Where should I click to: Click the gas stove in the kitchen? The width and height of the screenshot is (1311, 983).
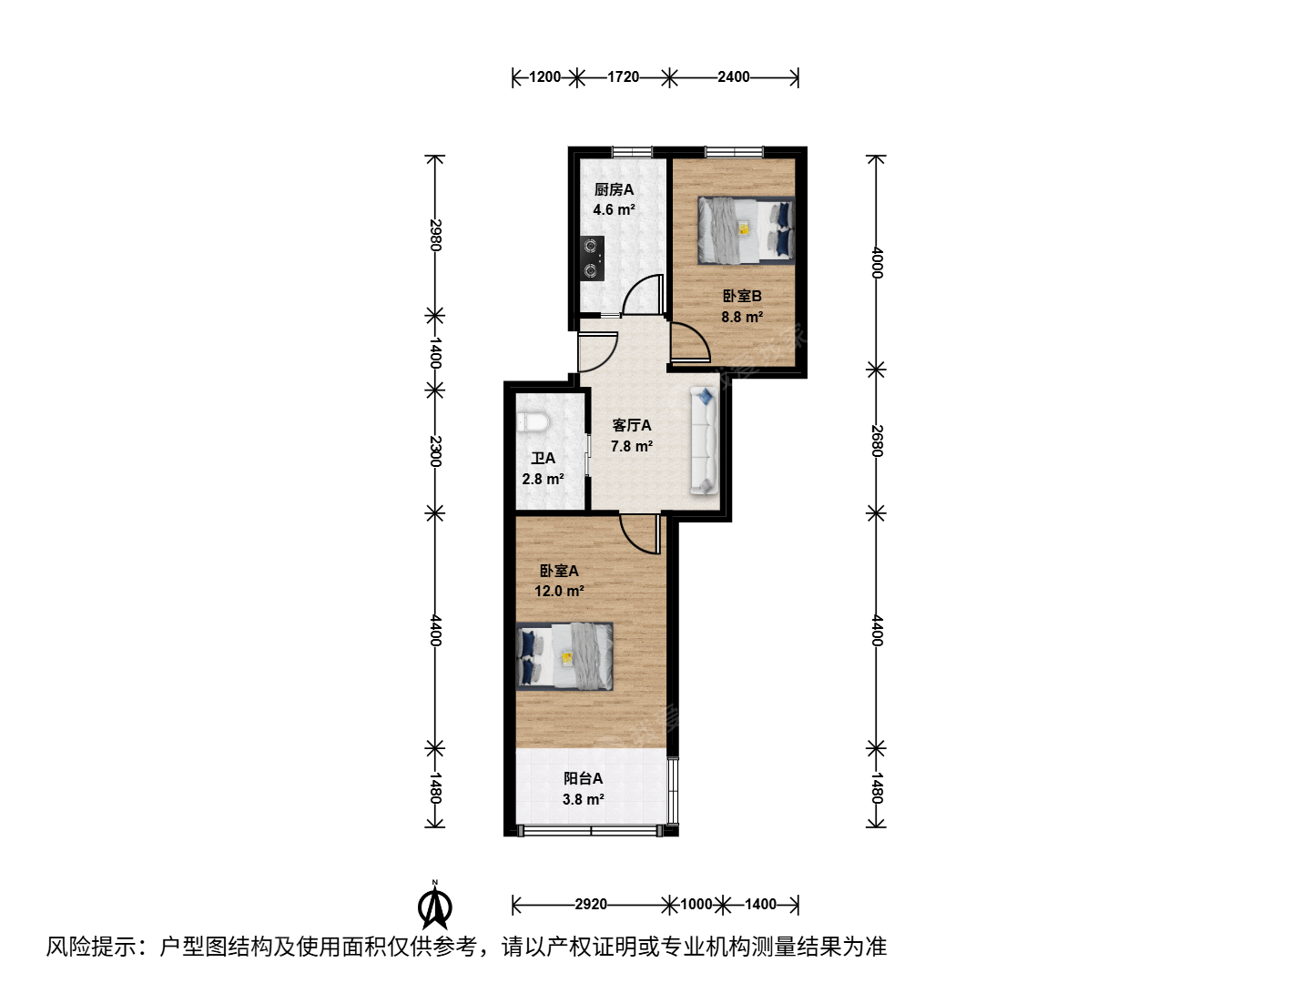tap(591, 258)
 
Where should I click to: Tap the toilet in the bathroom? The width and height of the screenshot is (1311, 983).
tap(533, 422)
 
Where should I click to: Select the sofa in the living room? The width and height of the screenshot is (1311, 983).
tap(704, 441)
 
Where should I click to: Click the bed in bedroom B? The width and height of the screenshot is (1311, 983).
tap(747, 229)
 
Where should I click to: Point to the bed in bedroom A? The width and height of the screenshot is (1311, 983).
tap(564, 656)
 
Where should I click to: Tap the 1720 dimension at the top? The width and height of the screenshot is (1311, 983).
tap(623, 77)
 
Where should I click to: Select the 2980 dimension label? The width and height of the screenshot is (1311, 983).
tap(435, 235)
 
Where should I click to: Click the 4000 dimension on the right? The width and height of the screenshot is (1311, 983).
tap(876, 262)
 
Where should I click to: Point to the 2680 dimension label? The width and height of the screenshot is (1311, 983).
tap(876, 441)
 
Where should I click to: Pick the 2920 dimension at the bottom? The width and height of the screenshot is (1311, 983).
tap(591, 904)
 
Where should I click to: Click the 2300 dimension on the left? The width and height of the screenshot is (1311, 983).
tap(435, 451)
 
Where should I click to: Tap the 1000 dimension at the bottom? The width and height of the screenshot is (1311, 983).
tap(696, 904)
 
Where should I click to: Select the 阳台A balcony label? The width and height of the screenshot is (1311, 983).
tap(583, 778)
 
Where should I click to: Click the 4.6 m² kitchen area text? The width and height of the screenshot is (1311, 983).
tap(614, 209)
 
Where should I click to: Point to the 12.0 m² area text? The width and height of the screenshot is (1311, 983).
tap(559, 591)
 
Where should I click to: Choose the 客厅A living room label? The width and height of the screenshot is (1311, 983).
tap(631, 426)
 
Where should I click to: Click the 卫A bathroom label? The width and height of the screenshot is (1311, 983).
tap(543, 459)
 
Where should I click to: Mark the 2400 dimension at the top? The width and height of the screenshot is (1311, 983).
tap(734, 77)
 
